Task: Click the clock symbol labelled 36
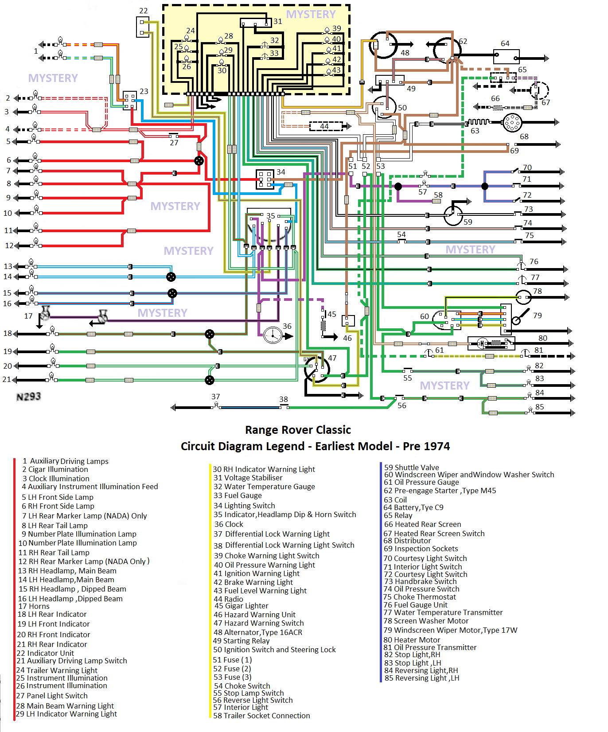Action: (273, 335)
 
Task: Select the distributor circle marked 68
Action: (512, 123)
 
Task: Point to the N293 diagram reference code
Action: (28, 397)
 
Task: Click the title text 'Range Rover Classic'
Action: (298, 430)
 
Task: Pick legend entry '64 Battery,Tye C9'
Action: (413, 507)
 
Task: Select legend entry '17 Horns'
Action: (34, 606)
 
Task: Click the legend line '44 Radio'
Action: (228, 599)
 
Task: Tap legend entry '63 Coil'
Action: (395, 500)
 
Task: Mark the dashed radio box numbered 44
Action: (326, 126)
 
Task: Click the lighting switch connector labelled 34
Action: (265, 179)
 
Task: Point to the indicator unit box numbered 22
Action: (143, 27)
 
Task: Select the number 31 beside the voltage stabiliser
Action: (277, 21)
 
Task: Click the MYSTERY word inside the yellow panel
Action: (311, 15)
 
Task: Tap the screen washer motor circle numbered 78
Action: (524, 297)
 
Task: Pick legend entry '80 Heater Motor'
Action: (412, 640)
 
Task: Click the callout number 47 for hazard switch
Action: (332, 358)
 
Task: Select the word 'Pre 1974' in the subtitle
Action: (426, 446)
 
